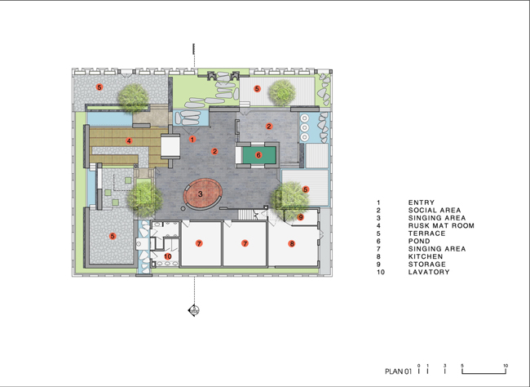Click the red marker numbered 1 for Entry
pyautogui.click(x=192, y=139)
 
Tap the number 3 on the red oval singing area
pyautogui.click(x=201, y=194)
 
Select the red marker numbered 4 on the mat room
pyautogui.click(x=129, y=141)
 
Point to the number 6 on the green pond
pyautogui.click(x=258, y=155)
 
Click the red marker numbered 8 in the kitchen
pyautogui.click(x=291, y=243)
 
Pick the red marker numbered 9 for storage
pyautogui.click(x=301, y=217)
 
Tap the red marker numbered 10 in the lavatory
pyautogui.click(x=168, y=256)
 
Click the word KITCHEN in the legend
pyautogui.click(x=426, y=256)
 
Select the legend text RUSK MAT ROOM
pyautogui.click(x=441, y=225)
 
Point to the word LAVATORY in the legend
pyautogui.click(x=429, y=272)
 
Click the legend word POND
pyautogui.click(x=419, y=241)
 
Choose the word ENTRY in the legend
pyautogui.click(x=422, y=202)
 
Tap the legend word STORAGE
pyautogui.click(x=427, y=264)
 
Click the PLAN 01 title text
pyautogui.click(x=399, y=371)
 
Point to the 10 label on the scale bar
pyautogui.click(x=506, y=366)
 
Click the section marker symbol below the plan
pyautogui.click(x=194, y=310)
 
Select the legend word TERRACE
pyautogui.click(x=427, y=234)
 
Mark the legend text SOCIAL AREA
pyautogui.click(x=435, y=211)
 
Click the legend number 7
pyautogui.click(x=378, y=249)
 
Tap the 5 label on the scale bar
pyautogui.click(x=462, y=366)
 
